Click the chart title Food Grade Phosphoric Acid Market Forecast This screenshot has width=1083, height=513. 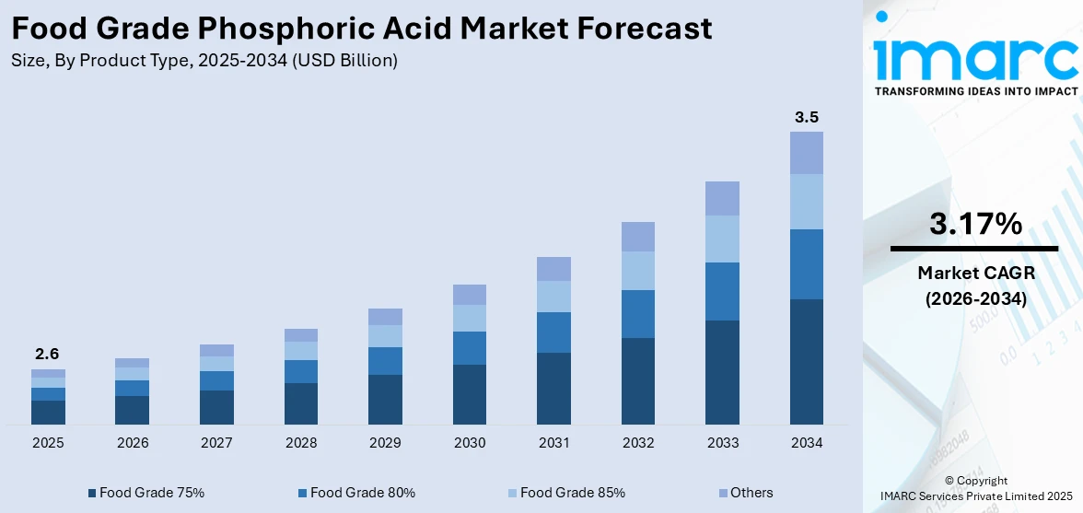pyautogui.click(x=362, y=29)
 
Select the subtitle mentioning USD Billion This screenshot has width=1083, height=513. pyautogui.click(x=204, y=61)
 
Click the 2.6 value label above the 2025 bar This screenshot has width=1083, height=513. pyautogui.click(x=48, y=354)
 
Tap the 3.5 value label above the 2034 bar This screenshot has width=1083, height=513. pyautogui.click(x=807, y=117)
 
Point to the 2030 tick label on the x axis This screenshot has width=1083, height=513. pyautogui.click(x=470, y=443)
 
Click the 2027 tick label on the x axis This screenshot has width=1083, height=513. pyautogui.click(x=216, y=443)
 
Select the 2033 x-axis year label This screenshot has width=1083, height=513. pyautogui.click(x=722, y=443)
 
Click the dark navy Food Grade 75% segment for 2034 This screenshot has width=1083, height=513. pyautogui.click(x=807, y=361)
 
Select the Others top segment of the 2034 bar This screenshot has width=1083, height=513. pyautogui.click(x=807, y=153)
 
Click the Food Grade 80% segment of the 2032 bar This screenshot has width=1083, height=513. pyautogui.click(x=638, y=314)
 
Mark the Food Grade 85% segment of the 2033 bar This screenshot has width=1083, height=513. pyautogui.click(x=722, y=239)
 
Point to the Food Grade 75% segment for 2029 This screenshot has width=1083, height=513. pyautogui.click(x=385, y=399)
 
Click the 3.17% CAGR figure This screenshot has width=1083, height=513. pyautogui.click(x=975, y=224)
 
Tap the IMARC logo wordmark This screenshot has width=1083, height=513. pyautogui.click(x=975, y=57)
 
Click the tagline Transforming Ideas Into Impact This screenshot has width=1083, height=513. pyautogui.click(x=975, y=91)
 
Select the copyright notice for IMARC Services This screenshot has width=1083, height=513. pyautogui.click(x=975, y=487)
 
